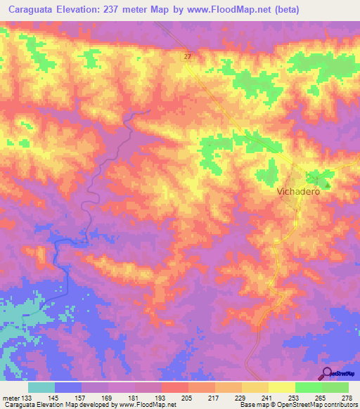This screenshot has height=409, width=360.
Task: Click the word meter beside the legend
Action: [11, 397]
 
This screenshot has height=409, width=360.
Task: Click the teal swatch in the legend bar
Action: [41, 387]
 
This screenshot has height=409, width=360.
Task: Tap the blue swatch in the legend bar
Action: [68, 387]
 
